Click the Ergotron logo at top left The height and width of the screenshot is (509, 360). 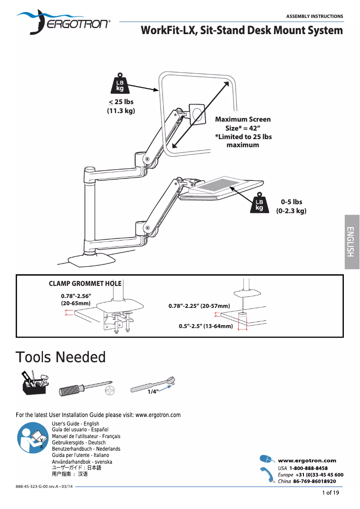[x=63, y=22]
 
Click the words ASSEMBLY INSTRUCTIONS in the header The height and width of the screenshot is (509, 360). [x=315, y=16]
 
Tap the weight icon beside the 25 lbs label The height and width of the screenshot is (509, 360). [x=120, y=83]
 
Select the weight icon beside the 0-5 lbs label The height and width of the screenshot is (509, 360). [x=259, y=203]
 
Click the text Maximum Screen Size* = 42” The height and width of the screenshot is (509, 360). [x=243, y=123]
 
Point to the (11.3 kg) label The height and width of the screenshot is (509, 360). [x=121, y=110]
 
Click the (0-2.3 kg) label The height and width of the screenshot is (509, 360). [x=291, y=211]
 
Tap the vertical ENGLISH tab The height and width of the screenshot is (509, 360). [x=352, y=242]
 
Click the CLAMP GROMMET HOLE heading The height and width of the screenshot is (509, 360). [x=85, y=284]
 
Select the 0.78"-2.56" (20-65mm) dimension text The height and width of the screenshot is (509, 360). [x=76, y=300]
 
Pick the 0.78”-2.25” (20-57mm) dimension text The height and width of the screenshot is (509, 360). [x=199, y=306]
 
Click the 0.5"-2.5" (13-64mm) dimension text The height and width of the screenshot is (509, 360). [x=206, y=326]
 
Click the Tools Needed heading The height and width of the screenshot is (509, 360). [x=61, y=357]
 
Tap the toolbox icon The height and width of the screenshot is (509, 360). [x=34, y=383]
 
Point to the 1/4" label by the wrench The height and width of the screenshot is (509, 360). [x=153, y=392]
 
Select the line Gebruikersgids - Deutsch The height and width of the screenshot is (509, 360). [x=79, y=443]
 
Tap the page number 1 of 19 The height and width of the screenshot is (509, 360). [x=331, y=493]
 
